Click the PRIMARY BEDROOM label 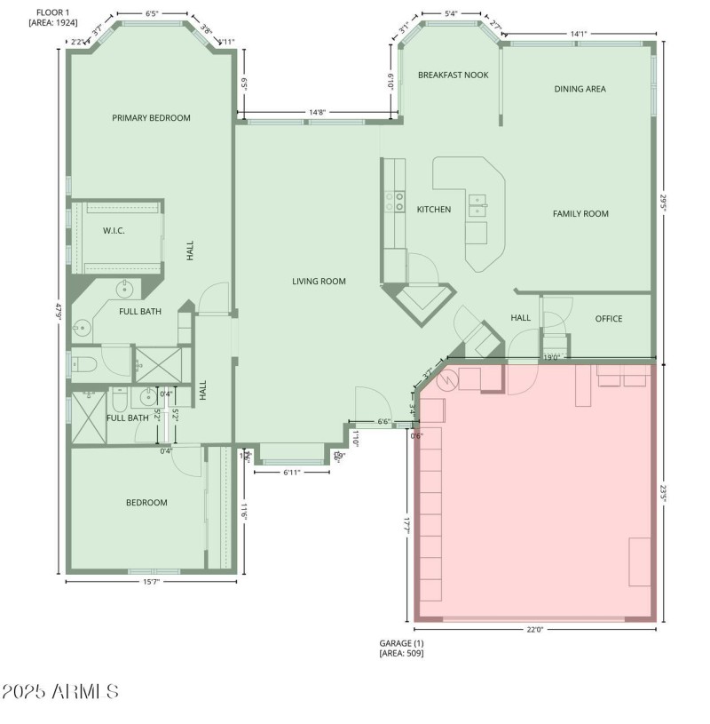click(x=151, y=117)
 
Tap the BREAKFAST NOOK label click(x=453, y=75)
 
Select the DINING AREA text click(x=580, y=89)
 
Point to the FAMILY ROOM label click(x=580, y=213)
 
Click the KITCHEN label click(x=434, y=210)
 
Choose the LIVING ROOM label click(x=319, y=282)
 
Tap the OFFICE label click(x=608, y=319)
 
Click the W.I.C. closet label click(x=114, y=231)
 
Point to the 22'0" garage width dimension click(x=534, y=629)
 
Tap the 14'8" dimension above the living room click(x=317, y=112)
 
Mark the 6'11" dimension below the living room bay click(x=292, y=473)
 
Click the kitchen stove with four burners click(x=393, y=203)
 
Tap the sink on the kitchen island click(x=477, y=204)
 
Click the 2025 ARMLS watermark click(x=60, y=691)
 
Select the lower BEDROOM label click(x=146, y=503)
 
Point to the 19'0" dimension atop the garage click(x=551, y=357)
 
